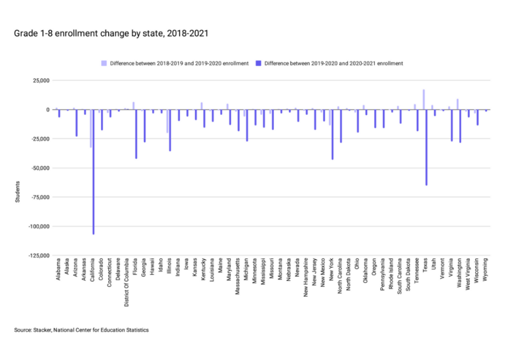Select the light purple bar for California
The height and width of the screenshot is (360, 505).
click(90, 128)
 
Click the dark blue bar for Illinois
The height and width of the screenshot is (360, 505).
click(170, 130)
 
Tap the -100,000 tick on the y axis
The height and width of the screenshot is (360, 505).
click(40, 226)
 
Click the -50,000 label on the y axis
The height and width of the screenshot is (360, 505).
click(42, 168)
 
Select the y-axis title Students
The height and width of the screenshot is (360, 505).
click(17, 193)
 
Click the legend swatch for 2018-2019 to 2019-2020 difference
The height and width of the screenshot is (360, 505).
click(104, 63)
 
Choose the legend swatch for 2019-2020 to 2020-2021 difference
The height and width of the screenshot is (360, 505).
click(258, 63)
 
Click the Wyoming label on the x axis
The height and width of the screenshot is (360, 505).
click(486, 268)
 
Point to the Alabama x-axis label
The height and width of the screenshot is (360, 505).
click(59, 268)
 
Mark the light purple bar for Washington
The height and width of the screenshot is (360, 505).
click(457, 104)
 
